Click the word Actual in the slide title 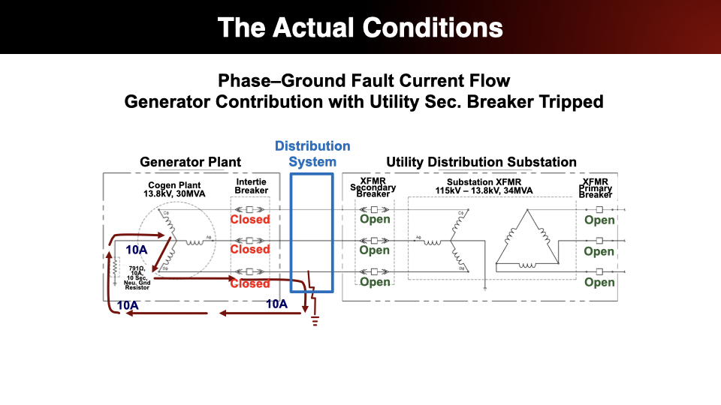coord(316,28)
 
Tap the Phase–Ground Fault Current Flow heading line coord(364,80)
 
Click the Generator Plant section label coord(191,162)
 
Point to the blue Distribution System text coord(312,154)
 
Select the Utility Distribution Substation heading coord(481,162)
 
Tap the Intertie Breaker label coord(251,186)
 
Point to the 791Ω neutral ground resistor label coord(137,277)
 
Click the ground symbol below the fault coord(315,321)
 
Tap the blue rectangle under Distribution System coord(311,232)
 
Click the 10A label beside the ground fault coord(277,304)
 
